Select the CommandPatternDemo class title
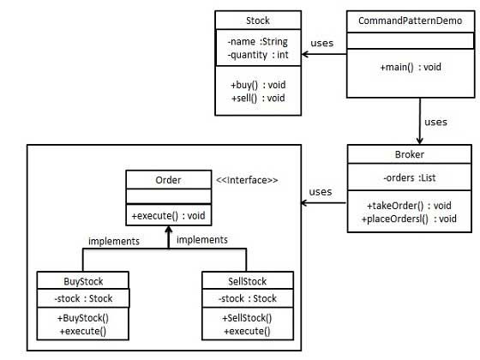coord(410,20)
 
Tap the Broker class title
coord(410,154)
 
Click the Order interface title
coord(167,179)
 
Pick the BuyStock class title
coord(83,280)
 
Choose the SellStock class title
coord(246,280)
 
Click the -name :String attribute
coord(257,41)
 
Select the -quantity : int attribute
coord(258,56)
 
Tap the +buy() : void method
coord(257,85)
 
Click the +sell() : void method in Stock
coord(257,99)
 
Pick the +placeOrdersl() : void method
coord(411,219)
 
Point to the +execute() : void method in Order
coord(167,214)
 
